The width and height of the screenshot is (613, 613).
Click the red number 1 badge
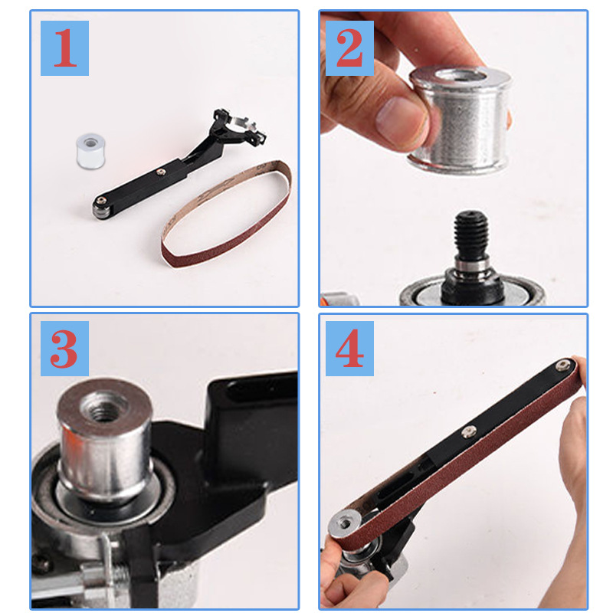(64, 48)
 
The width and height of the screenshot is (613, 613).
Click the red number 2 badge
(349, 48)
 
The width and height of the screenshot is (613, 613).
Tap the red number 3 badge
(64, 349)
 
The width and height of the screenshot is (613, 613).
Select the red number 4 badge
(349, 349)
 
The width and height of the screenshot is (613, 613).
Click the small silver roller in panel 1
(90, 151)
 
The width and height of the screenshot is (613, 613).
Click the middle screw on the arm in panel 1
(160, 172)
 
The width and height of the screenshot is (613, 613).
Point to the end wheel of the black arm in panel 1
(100, 208)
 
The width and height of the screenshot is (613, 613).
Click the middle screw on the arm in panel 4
(468, 432)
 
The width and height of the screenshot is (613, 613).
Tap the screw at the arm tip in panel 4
(562, 366)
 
